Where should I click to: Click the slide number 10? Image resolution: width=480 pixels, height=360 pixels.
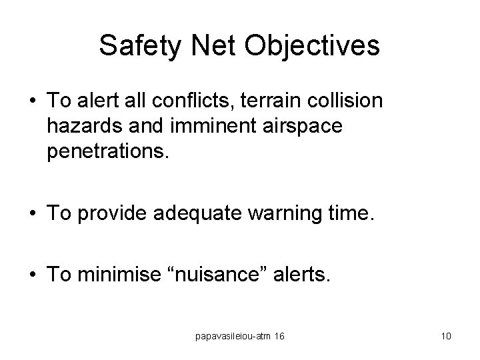click(x=446, y=336)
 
